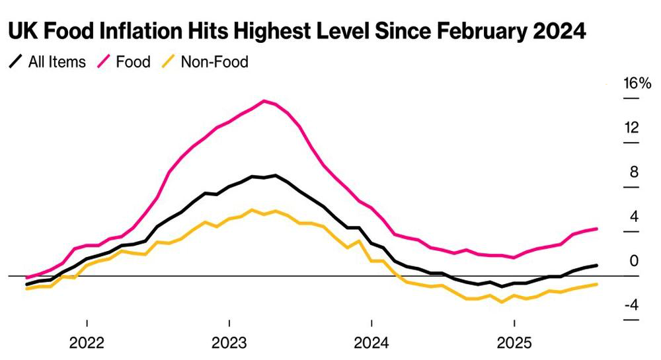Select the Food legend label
click(134, 62)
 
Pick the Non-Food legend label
click(215, 62)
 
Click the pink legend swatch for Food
click(104, 62)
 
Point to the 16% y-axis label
click(637, 83)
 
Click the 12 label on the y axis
click(632, 127)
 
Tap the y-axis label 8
click(635, 172)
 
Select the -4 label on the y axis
click(631, 305)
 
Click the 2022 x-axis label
click(87, 343)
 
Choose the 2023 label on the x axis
click(229, 343)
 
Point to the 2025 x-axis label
click(514, 343)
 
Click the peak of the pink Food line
click(264, 101)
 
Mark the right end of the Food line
click(597, 229)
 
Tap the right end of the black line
click(597, 266)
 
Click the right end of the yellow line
click(597, 284)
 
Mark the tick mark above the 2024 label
click(371, 323)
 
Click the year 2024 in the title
click(559, 31)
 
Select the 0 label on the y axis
click(635, 261)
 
